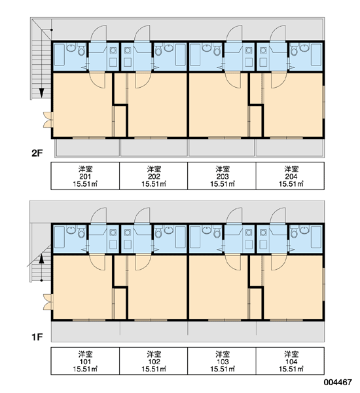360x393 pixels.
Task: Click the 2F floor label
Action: pos(37,153)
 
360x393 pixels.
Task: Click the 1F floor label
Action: pos(37,337)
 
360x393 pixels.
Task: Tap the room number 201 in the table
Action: pos(85,176)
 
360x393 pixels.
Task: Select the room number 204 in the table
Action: pos(291,176)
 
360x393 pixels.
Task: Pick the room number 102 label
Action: pos(154,362)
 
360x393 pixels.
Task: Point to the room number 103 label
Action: pos(223,362)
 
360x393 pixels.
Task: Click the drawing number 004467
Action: pos(338,383)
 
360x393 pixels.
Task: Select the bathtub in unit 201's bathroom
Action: pos(59,54)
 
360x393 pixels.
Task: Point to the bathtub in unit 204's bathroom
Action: pos(316,54)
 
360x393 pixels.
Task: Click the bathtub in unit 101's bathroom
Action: pos(59,237)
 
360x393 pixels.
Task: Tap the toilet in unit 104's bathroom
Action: pos(294,233)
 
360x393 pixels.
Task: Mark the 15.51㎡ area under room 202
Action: pos(154,184)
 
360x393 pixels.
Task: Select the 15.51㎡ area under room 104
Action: pos(291,369)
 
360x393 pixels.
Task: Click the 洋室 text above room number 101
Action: pos(85,354)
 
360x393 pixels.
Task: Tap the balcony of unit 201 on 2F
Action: pos(87,147)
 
